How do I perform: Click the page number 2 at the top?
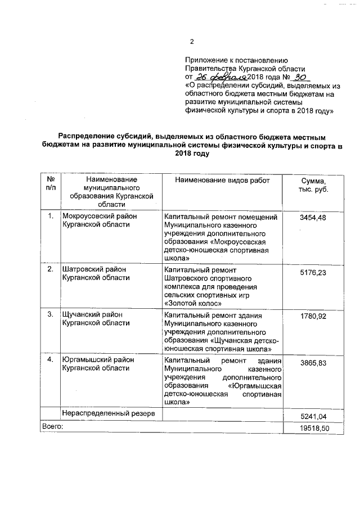tap(192, 42)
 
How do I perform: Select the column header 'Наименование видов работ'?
tap(222, 181)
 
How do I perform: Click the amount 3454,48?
tap(313, 218)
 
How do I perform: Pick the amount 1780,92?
tap(313, 317)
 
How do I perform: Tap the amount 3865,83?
tap(313, 363)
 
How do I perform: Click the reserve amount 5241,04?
tap(313, 416)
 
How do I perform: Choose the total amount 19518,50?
tap(313, 429)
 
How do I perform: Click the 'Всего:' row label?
tap(52, 427)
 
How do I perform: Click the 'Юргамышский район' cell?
tap(97, 359)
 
